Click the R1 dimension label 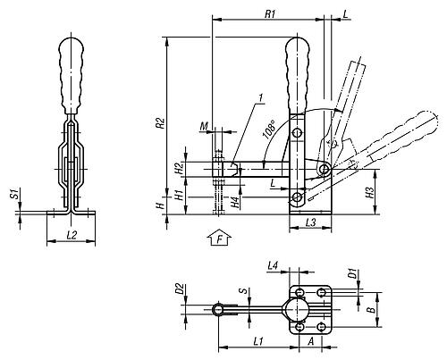coord(270,14)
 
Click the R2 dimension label coord(161,123)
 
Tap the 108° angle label coord(269,130)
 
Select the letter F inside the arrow coord(220,239)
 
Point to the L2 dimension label coord(72,235)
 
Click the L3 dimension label coord(310,222)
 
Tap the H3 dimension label coord(369,193)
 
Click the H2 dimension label coord(179,169)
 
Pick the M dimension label coord(204,127)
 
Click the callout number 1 coord(261,97)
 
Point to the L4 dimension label coord(273,265)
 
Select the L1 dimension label coord(258,341)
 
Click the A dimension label coord(311,341)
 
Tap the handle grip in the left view coord(71,75)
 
